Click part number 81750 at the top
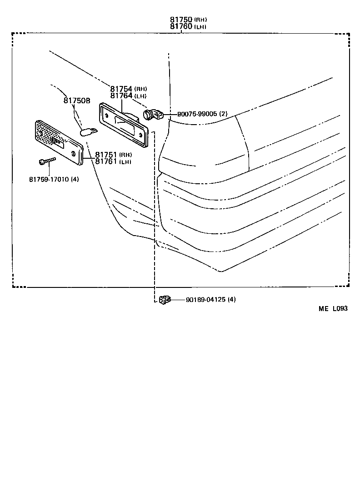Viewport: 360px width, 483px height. click(x=181, y=20)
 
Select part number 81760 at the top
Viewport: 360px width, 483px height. click(x=181, y=27)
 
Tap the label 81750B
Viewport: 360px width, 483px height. click(x=77, y=101)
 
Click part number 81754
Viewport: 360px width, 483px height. click(x=121, y=89)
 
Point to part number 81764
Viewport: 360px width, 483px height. click(x=121, y=96)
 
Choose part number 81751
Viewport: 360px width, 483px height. click(x=106, y=155)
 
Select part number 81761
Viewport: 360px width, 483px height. click(x=106, y=161)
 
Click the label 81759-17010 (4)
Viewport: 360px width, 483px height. click(x=54, y=179)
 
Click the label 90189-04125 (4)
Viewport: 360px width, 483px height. click(x=210, y=299)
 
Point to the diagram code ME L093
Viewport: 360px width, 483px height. click(x=333, y=308)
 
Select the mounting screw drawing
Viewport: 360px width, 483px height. click(x=47, y=161)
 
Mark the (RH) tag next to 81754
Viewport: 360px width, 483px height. click(x=140, y=89)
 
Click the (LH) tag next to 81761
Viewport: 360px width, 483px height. click(x=125, y=162)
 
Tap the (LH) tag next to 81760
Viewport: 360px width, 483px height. click(x=200, y=27)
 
